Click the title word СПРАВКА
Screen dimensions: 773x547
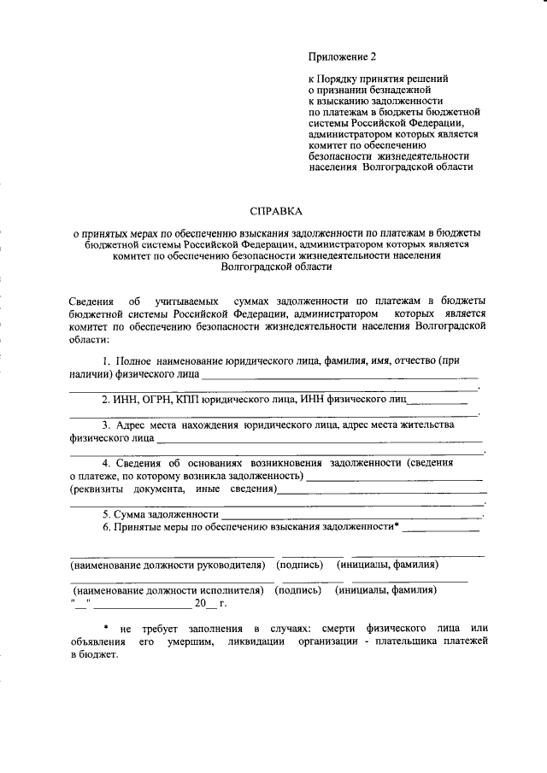[276, 210]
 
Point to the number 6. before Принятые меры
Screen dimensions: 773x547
[107, 528]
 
